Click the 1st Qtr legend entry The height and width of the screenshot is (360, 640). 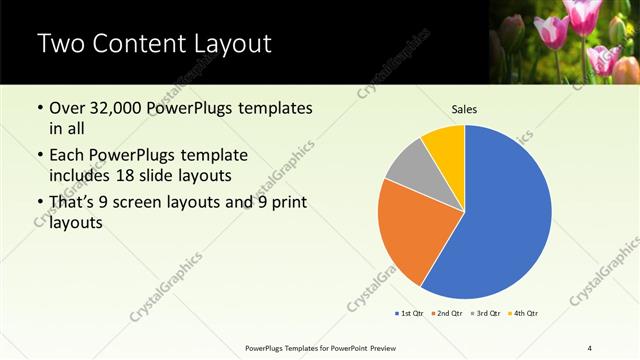point(410,313)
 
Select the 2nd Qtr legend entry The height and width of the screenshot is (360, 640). point(446,313)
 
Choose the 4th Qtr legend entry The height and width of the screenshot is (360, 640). point(522,313)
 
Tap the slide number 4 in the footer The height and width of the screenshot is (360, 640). point(589,347)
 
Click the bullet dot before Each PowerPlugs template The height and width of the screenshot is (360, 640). point(40,156)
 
